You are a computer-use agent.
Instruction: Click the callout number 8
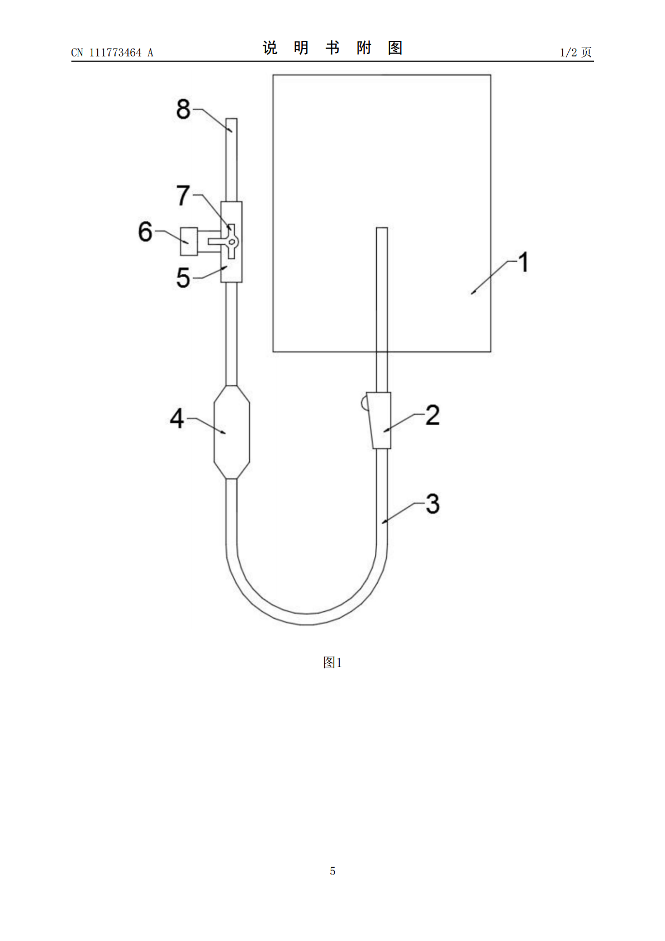click(183, 109)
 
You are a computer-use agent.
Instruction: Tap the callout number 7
click(183, 196)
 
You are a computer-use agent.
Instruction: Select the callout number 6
click(145, 231)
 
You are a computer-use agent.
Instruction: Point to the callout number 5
click(183, 278)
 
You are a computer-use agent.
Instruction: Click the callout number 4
click(177, 419)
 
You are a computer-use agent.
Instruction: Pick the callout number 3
click(433, 503)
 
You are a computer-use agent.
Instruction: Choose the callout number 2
click(433, 415)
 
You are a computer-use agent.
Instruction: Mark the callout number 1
click(524, 262)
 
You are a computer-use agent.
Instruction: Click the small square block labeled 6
click(189, 241)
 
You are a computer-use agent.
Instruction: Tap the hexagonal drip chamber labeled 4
click(232, 432)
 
